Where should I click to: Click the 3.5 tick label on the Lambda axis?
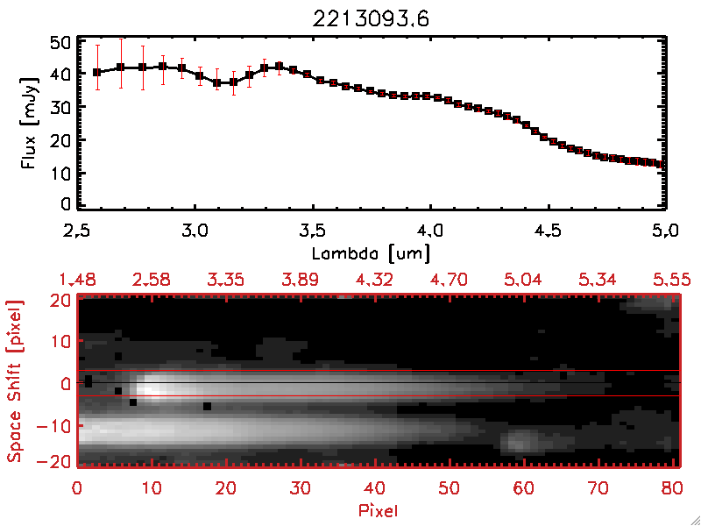(312, 232)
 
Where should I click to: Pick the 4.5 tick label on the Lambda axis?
(549, 232)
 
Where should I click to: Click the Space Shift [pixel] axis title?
(14, 381)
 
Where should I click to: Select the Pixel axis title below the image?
(379, 508)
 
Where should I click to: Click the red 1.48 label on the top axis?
(77, 280)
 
